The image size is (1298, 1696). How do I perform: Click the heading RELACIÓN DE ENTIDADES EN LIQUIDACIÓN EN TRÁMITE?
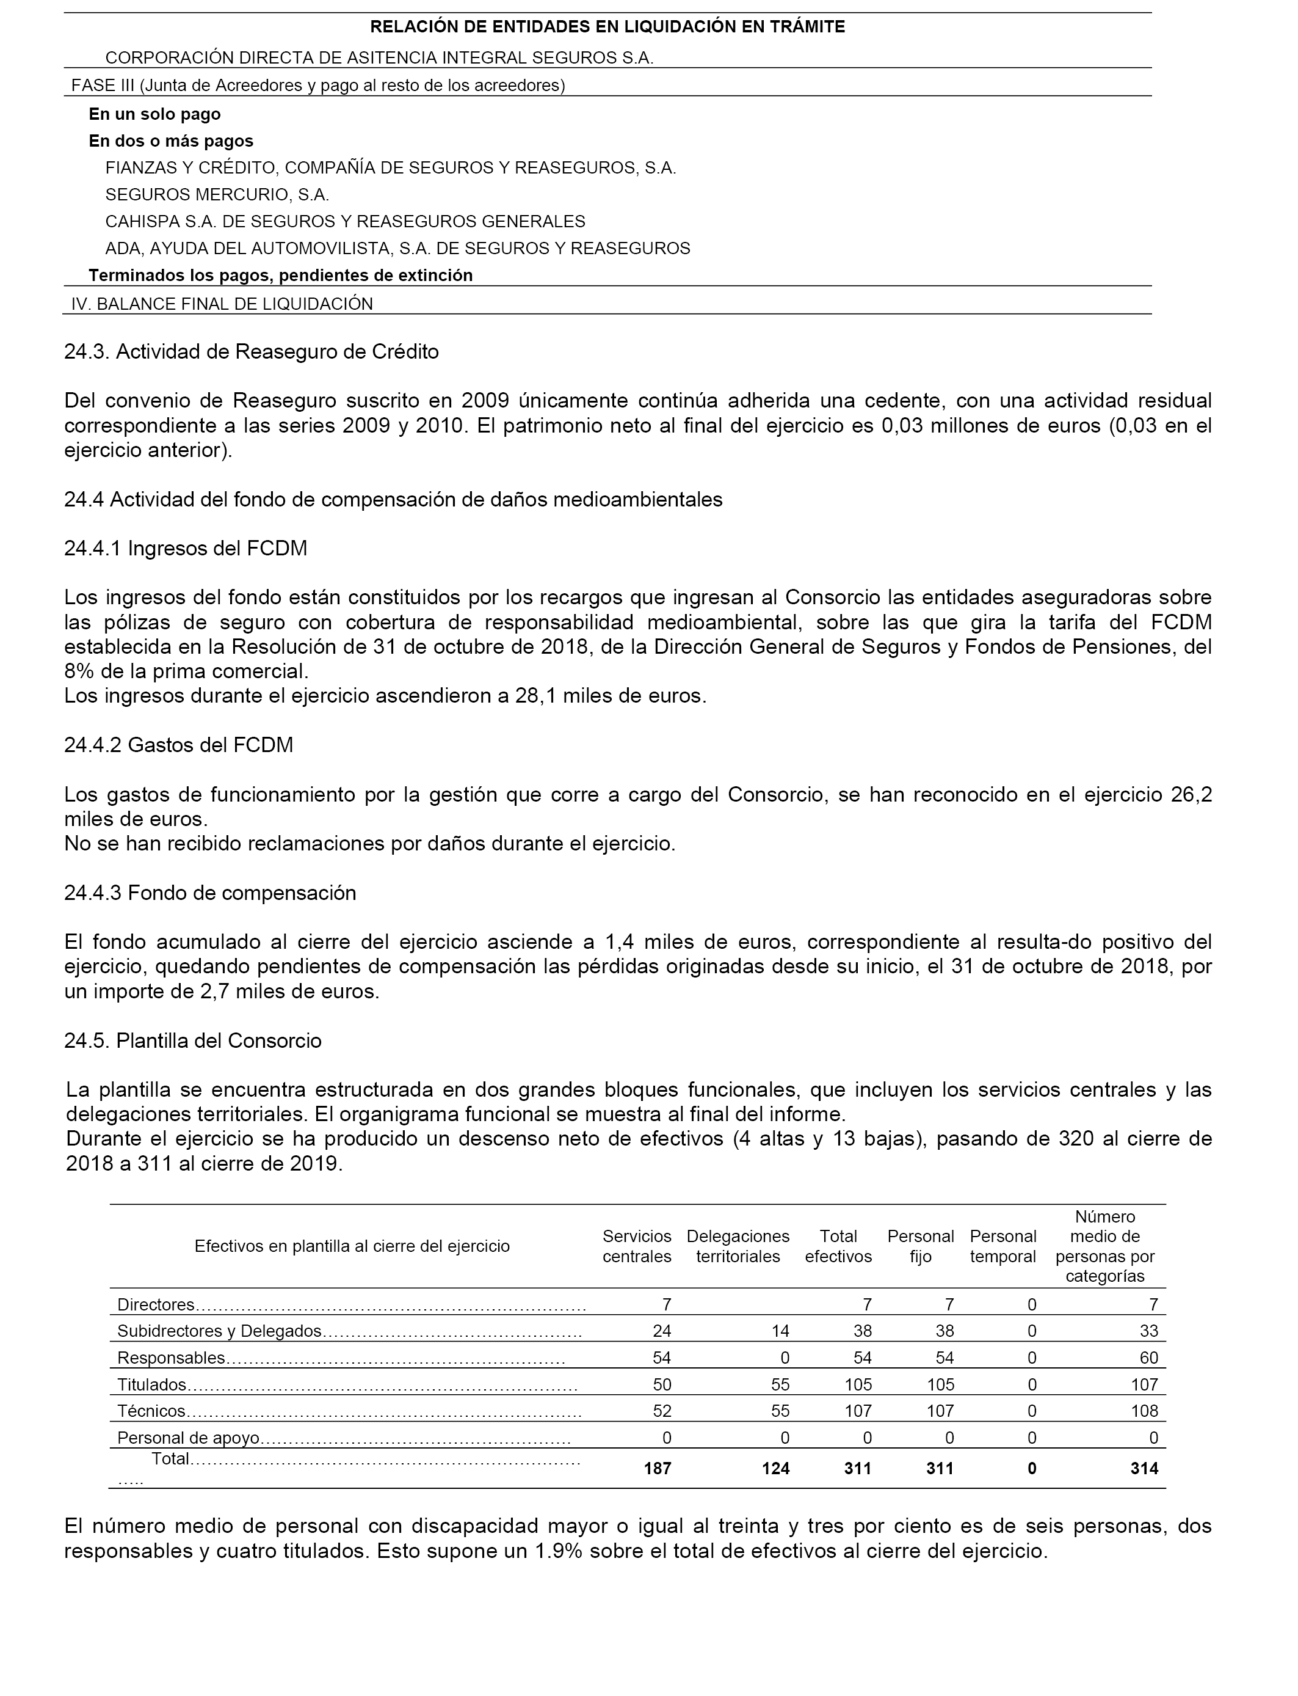[x=607, y=27]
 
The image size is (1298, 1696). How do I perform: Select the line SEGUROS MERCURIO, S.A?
[x=217, y=195]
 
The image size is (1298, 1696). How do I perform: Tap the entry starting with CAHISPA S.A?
[x=344, y=222]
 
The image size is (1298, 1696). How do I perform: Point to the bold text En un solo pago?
[x=154, y=114]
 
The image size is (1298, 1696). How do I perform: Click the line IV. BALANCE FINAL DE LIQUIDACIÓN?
[x=222, y=304]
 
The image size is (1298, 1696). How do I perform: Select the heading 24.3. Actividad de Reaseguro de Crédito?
[x=251, y=352]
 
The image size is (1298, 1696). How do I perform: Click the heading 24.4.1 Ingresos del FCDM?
[x=186, y=548]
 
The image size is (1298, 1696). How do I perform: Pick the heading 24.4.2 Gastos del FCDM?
[x=178, y=745]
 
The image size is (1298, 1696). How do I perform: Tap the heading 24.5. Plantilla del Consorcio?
[x=192, y=1040]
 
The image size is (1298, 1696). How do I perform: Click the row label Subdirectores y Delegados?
[x=219, y=1331]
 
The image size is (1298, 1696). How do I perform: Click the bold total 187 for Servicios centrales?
[x=658, y=1468]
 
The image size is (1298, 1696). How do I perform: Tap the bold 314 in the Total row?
[x=1144, y=1468]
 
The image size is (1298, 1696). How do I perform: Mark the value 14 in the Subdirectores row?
[x=780, y=1331]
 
